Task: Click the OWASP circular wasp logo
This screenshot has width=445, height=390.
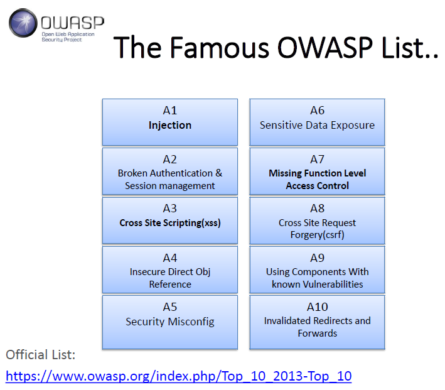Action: tap(23, 23)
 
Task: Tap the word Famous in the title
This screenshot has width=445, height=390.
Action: tap(220, 47)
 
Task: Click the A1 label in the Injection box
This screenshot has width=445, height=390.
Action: tap(170, 110)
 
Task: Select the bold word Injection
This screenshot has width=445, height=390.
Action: tap(170, 125)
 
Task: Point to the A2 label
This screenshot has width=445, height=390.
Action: tap(170, 160)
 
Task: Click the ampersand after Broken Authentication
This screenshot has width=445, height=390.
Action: tap(219, 173)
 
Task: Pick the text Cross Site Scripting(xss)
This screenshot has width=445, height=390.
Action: tap(170, 223)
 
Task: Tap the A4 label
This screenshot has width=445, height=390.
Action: tap(170, 258)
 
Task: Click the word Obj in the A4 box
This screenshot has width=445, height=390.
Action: tap(203, 272)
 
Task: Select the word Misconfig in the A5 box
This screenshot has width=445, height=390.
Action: tap(191, 322)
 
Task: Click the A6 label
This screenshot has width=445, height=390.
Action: tap(318, 110)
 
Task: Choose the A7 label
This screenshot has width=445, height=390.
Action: tap(318, 160)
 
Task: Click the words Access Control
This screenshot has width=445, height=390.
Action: tap(318, 185)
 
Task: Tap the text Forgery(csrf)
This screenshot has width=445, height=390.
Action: tap(318, 235)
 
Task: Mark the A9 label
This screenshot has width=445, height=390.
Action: tap(318, 258)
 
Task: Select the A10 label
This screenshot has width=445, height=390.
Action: tap(318, 307)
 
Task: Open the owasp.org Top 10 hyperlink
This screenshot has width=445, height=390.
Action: tap(178, 376)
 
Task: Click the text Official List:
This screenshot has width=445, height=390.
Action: tap(41, 355)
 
